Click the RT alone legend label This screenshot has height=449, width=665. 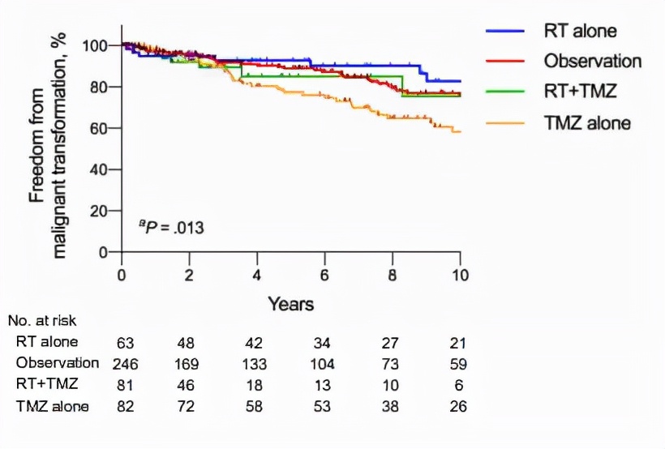click(581, 32)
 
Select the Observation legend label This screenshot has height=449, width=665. click(593, 62)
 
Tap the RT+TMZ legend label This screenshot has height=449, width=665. click(581, 92)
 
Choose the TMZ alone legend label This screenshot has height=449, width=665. click(588, 122)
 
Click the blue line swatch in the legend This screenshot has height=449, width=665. click(507, 32)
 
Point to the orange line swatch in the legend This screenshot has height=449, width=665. click(507, 122)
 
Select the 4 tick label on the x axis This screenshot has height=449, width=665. click(257, 273)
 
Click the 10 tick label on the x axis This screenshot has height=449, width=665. click(460, 273)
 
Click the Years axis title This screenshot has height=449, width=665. click(291, 305)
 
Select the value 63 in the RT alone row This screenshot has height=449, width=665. click(122, 343)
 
